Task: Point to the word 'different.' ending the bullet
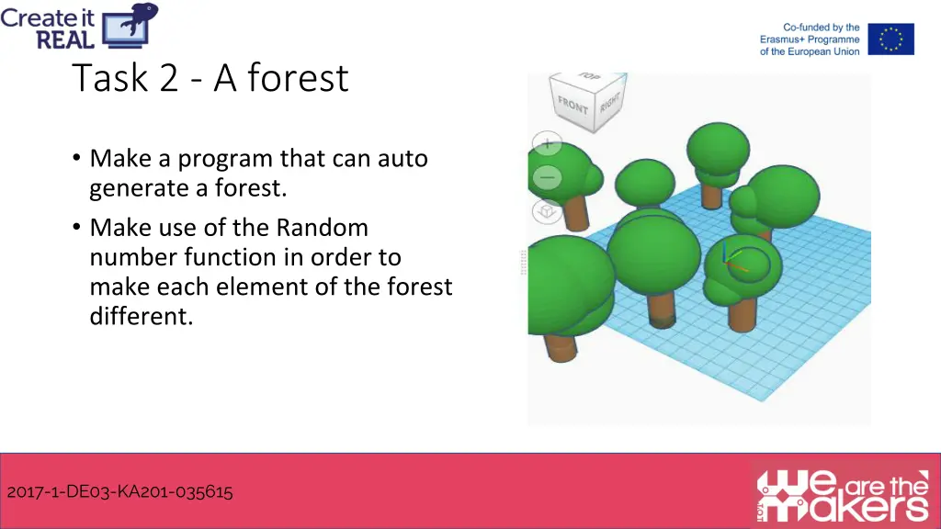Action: [141, 317]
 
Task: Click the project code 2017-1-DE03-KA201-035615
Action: [119, 492]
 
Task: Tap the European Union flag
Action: [890, 39]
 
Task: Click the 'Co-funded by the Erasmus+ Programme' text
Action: [810, 39]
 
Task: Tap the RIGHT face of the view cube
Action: [609, 102]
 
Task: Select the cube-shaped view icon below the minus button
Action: [547, 212]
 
